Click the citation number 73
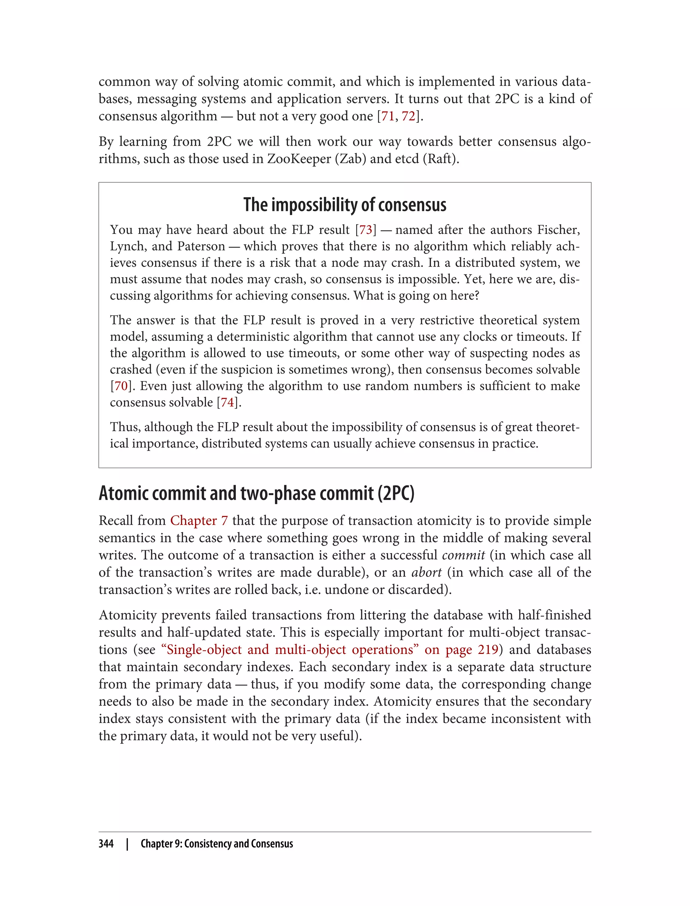[366, 230]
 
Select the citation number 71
[388, 116]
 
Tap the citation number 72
[408, 116]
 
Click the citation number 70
[121, 386]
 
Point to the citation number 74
[227, 402]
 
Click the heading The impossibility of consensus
[345, 205]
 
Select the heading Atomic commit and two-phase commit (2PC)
[256, 493]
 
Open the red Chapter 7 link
[199, 521]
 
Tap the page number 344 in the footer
[106, 844]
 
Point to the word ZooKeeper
[299, 159]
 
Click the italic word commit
[463, 555]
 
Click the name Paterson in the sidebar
[201, 246]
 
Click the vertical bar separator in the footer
[127, 844]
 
